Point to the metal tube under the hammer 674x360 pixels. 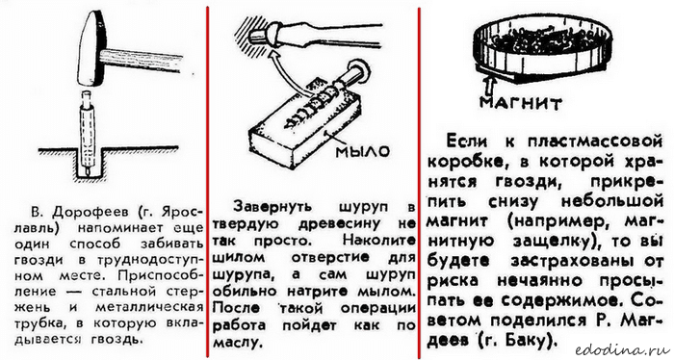point(87,132)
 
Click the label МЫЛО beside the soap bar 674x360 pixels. point(362,151)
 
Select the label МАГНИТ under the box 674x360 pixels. point(521,104)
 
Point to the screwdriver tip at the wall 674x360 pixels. point(258,36)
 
